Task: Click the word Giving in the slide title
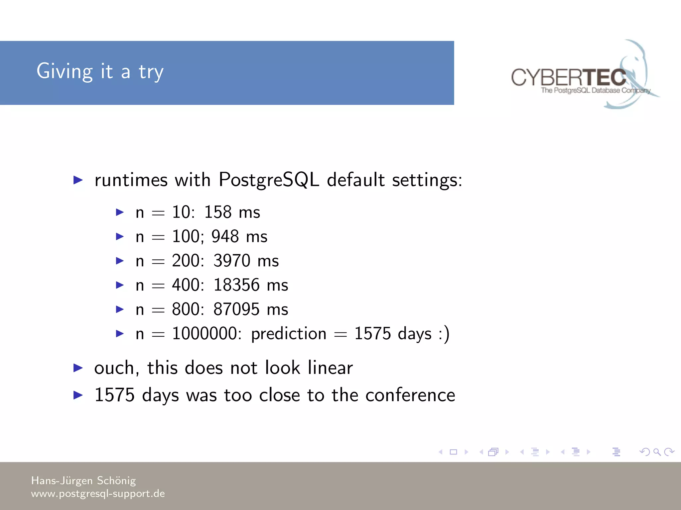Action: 65,71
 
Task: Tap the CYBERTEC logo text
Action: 569,78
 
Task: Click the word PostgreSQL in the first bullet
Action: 269,180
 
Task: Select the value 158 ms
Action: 232,212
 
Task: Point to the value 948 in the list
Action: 225,236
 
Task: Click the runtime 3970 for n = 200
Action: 232,261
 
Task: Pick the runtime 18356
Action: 236,285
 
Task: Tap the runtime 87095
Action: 236,309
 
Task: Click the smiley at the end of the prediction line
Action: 444,333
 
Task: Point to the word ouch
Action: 114,368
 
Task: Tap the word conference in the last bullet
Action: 410,395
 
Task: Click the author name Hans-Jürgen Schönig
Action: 83,480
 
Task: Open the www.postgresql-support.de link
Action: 98,494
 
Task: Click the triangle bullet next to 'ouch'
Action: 78,368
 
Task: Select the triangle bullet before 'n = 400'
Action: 120,285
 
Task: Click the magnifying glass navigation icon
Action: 657,452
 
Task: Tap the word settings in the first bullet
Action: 427,181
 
